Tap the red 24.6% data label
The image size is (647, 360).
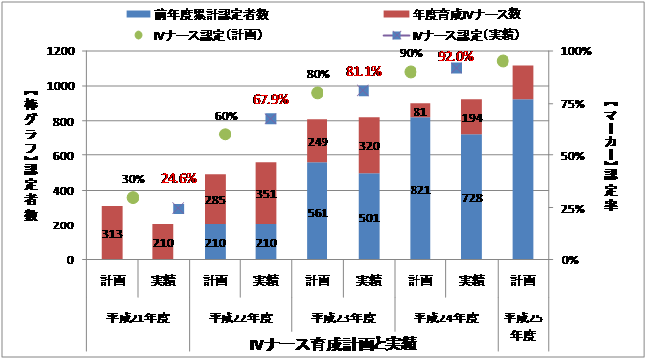coord(180,179)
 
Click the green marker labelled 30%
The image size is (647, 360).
coord(133,197)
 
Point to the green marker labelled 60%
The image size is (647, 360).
coord(225,135)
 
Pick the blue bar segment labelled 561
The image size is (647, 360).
coord(317,211)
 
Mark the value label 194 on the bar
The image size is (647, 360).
coord(470,118)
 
